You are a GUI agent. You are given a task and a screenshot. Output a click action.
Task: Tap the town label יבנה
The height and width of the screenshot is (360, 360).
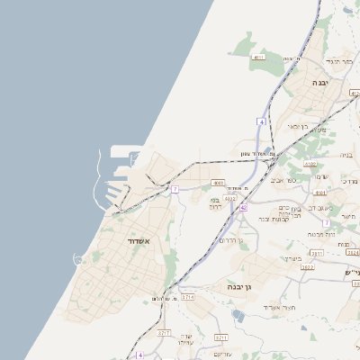(320, 82)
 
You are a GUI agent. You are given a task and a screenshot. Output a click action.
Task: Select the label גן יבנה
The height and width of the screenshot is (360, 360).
(243, 286)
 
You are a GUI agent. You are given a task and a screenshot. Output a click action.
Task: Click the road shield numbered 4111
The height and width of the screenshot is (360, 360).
(259, 57)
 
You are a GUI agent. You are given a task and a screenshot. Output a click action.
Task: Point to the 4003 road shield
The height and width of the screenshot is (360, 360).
(219, 183)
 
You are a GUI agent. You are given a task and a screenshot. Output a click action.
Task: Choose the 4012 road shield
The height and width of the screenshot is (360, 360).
(230, 198)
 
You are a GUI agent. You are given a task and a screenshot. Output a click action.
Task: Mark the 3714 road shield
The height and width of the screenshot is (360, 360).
(187, 296)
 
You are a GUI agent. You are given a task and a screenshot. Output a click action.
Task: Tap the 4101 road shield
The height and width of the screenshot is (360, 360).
(310, 164)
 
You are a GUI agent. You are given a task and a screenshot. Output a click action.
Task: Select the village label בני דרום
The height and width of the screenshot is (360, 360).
(216, 203)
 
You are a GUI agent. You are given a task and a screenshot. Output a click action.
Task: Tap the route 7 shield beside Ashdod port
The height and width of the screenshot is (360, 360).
(175, 189)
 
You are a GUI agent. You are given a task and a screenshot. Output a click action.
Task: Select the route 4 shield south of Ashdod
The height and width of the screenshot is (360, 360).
(140, 355)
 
